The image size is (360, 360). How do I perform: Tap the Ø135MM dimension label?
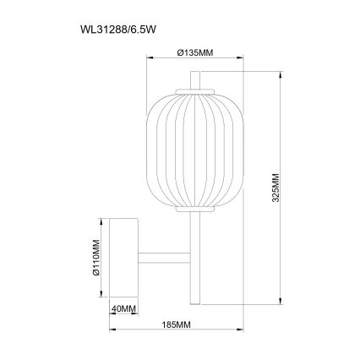coord(195,52)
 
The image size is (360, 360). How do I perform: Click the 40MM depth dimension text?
coord(124,309)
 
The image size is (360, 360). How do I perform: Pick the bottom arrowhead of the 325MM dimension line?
coord(281,302)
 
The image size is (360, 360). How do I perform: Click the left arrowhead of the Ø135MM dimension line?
coord(150,59)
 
